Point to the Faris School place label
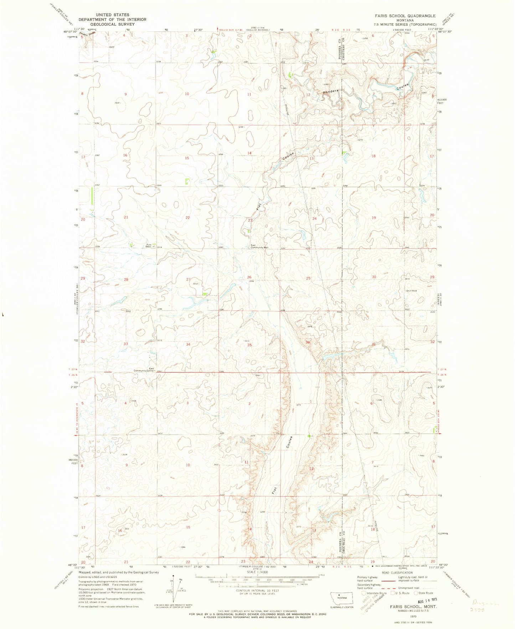tap(150, 245)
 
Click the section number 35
tap(249, 345)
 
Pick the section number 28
tap(126, 279)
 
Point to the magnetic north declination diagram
tap(173, 593)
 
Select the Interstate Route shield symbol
tap(364, 593)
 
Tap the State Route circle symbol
tap(416, 593)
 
